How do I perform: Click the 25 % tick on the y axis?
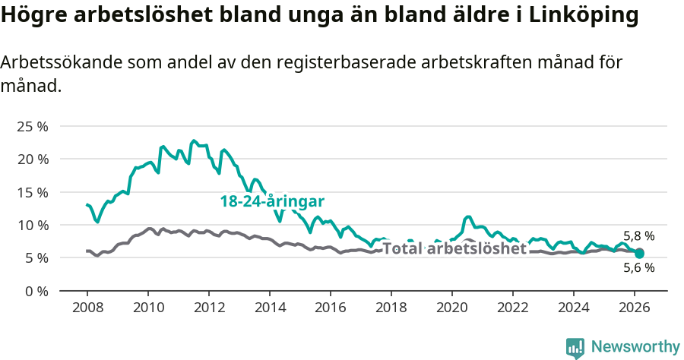click(x=32, y=126)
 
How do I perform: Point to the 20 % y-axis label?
click(x=32, y=159)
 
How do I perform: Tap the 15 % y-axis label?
click(x=32, y=192)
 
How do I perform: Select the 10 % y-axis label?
click(x=32, y=225)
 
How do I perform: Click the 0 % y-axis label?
click(x=36, y=291)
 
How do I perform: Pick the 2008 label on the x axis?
click(x=87, y=308)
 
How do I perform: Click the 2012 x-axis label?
click(x=209, y=308)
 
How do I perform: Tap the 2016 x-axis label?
click(x=331, y=308)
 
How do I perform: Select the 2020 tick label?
click(x=452, y=308)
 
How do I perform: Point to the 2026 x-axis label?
click(x=635, y=308)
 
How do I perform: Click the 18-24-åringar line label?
click(x=272, y=201)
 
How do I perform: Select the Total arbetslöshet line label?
click(x=454, y=248)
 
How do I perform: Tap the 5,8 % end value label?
click(x=638, y=236)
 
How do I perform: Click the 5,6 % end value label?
click(x=638, y=267)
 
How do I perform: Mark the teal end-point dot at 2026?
click(x=639, y=253)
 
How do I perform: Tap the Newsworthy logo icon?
click(x=575, y=348)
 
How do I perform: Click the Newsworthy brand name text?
click(x=635, y=347)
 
